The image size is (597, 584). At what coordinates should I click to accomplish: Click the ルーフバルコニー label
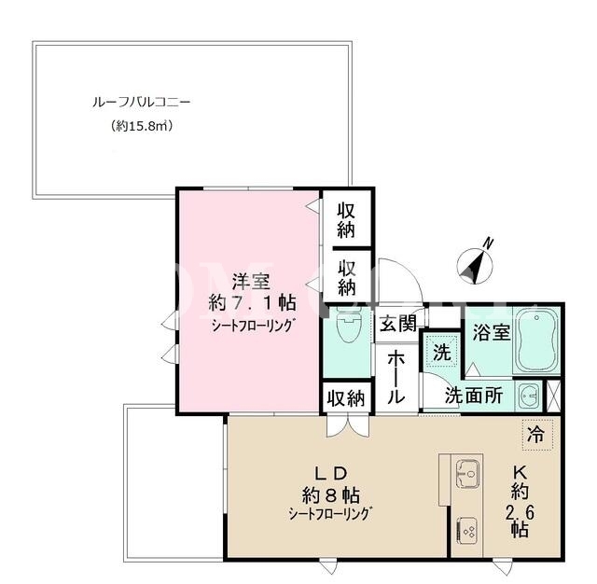(x=141, y=103)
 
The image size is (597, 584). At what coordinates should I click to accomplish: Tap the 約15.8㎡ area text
(x=142, y=126)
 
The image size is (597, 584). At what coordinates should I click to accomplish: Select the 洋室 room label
(x=251, y=282)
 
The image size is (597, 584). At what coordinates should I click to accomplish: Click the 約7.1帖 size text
(x=252, y=303)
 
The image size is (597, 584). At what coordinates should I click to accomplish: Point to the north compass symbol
(x=475, y=262)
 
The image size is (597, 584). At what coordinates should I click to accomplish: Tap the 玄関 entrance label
(x=398, y=324)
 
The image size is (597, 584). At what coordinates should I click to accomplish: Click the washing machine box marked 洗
(x=441, y=351)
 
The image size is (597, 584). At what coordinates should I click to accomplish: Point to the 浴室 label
(x=492, y=332)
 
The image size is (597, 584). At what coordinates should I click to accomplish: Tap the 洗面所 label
(x=474, y=396)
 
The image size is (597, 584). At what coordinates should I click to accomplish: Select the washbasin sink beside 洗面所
(x=529, y=396)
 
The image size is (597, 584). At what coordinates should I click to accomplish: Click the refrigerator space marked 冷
(x=537, y=435)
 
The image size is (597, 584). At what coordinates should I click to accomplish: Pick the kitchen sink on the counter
(x=468, y=474)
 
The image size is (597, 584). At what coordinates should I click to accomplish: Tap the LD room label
(x=330, y=474)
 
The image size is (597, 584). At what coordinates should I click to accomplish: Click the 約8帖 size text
(x=331, y=495)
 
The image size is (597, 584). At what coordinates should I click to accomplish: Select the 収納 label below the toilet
(x=346, y=398)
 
